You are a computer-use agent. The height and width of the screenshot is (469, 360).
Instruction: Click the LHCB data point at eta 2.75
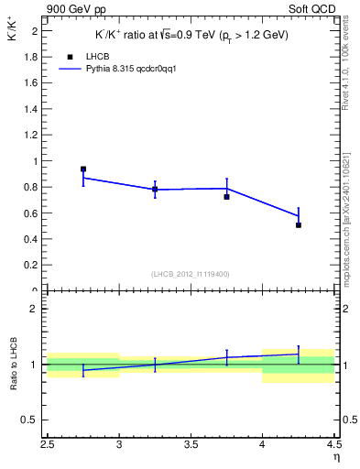tap(83, 169)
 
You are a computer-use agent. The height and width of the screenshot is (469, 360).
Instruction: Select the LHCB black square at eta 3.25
tap(155, 190)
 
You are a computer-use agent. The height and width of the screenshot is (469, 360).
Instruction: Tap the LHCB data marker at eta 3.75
tap(226, 197)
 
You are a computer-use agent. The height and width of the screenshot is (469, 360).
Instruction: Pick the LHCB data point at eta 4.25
tap(299, 224)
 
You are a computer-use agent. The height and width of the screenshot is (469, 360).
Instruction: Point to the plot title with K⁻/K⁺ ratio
tap(192, 35)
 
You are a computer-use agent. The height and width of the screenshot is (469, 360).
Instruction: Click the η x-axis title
tap(335, 455)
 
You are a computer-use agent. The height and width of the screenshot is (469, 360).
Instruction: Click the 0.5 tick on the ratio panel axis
tap(31, 420)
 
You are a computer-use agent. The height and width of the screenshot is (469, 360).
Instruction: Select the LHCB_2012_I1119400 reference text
tap(191, 274)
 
